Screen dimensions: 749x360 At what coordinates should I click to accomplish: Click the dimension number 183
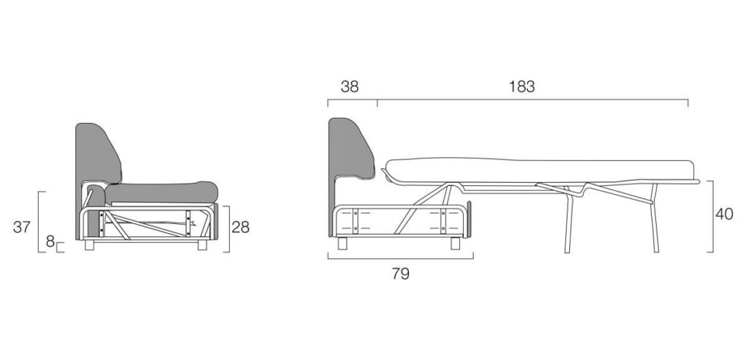coord(522,86)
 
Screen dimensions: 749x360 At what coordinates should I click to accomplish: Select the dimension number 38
coord(350,86)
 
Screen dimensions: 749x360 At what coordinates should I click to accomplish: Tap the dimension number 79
coord(401,274)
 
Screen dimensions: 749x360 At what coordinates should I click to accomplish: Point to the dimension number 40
coord(724,214)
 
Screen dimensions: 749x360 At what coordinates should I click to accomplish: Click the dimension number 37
coord(21,227)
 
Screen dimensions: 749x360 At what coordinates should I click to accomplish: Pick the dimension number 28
coord(240,227)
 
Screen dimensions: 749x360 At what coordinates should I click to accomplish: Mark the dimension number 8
coord(50,242)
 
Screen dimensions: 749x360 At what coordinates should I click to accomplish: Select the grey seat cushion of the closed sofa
coord(162,192)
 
